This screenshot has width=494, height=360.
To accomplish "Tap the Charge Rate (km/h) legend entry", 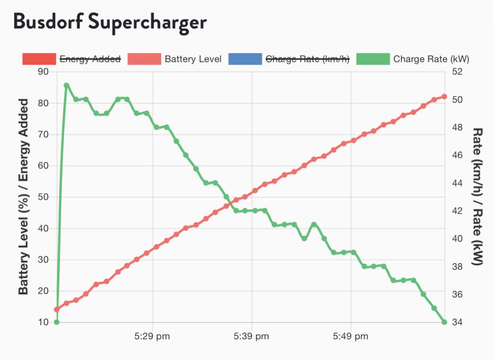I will pyautogui.click(x=307, y=59).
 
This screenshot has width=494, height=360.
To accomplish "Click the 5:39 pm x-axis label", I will pyautogui.click(x=252, y=336).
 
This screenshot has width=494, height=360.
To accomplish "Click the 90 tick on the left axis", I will pyautogui.click(x=43, y=72).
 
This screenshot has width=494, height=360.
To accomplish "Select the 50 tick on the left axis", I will pyautogui.click(x=43, y=197).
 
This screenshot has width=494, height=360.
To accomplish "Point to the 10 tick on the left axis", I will pyautogui.click(x=43, y=322).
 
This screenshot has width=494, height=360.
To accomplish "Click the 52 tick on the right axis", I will pyautogui.click(x=457, y=72).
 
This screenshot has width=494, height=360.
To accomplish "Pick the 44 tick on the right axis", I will pyautogui.click(x=457, y=183).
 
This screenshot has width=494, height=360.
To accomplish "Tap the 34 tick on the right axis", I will pyautogui.click(x=457, y=322).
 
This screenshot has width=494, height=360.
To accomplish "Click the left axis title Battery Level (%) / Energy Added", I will pyautogui.click(x=24, y=197).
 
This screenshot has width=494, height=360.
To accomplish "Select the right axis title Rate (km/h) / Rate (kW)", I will pyautogui.click(x=478, y=197).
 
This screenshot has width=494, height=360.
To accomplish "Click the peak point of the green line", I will pyautogui.click(x=67, y=85).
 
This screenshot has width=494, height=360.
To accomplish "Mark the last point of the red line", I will pyautogui.click(x=444, y=97).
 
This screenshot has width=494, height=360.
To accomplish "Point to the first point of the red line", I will pyautogui.click(x=56, y=309).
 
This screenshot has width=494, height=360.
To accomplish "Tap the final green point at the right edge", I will pyautogui.click(x=444, y=322).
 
